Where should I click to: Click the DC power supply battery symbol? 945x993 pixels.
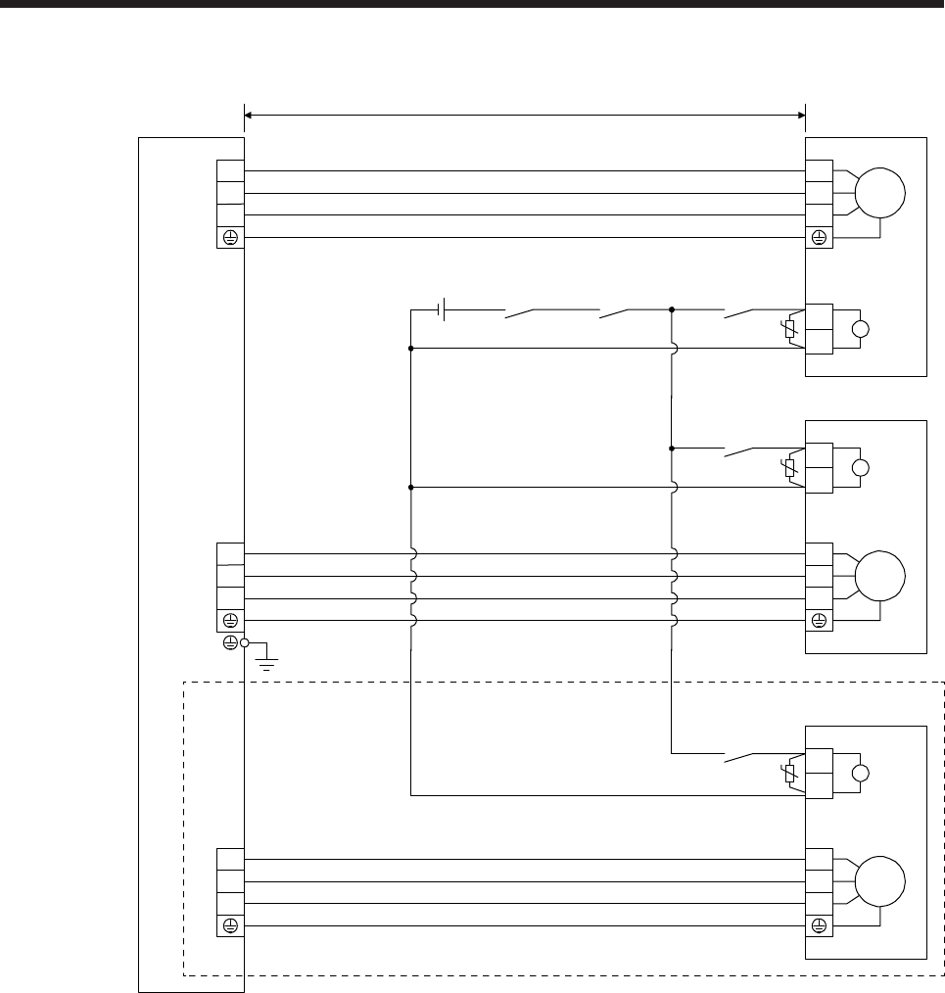coord(443,311)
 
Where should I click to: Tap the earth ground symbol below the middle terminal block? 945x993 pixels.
coord(265,663)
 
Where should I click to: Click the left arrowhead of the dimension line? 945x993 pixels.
coord(249,116)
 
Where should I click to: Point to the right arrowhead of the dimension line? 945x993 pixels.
coord(800,116)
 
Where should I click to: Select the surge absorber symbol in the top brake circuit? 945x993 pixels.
coord(789,330)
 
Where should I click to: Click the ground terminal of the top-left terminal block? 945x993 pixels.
coord(230,237)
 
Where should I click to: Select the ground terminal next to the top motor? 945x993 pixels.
coord(819,237)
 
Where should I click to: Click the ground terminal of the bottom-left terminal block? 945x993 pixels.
coord(230,925)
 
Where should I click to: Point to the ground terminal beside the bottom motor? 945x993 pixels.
coord(819,925)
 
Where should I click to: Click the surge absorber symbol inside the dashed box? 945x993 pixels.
coord(789,774)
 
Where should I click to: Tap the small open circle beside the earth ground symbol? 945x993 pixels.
coord(245,642)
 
